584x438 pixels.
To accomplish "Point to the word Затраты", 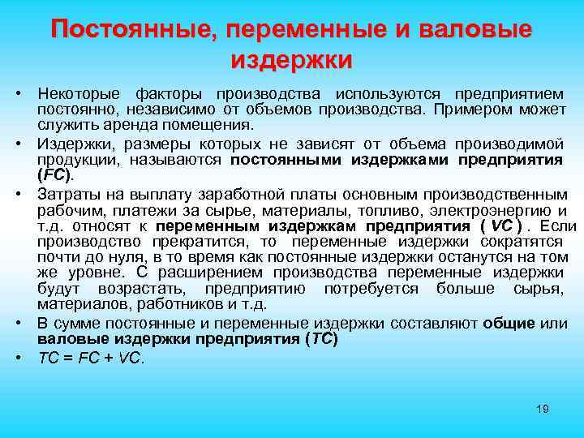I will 67,194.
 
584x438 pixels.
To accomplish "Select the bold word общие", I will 508,324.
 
